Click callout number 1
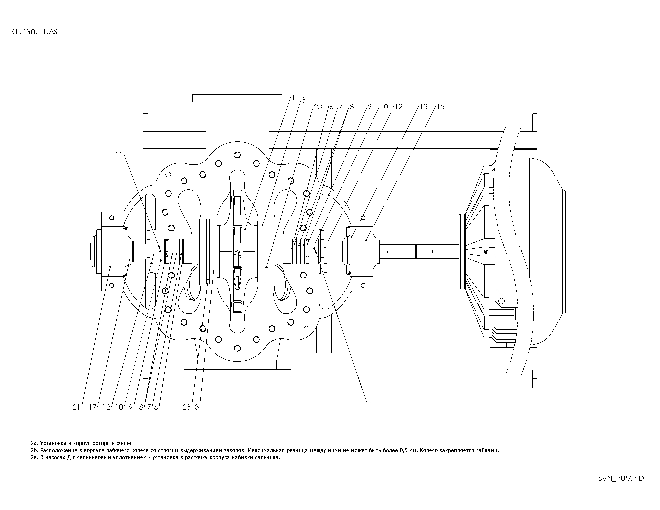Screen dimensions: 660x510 (293, 98)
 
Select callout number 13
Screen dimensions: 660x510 (424, 107)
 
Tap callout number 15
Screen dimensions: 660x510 (441, 107)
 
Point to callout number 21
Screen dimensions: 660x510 (76, 407)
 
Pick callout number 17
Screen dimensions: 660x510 (92, 407)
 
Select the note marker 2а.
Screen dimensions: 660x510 (34, 443)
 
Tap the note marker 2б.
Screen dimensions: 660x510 (34, 450)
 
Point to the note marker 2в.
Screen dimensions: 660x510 (34, 457)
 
